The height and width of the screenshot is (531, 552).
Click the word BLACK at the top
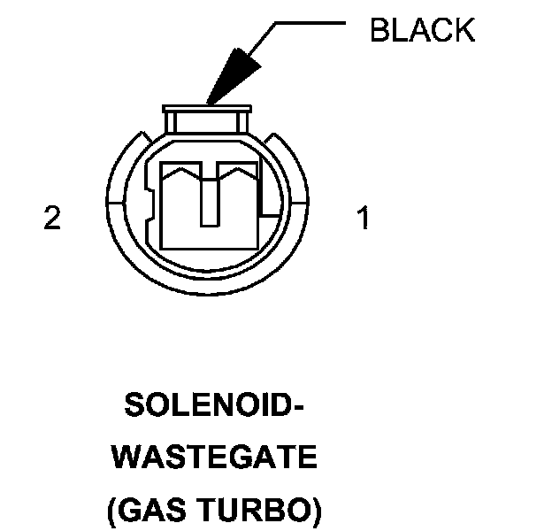pos(422,30)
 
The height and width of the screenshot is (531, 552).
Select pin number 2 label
pos(53,219)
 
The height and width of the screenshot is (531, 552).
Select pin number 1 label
pos(362,219)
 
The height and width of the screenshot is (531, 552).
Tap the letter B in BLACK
pos(379,30)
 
